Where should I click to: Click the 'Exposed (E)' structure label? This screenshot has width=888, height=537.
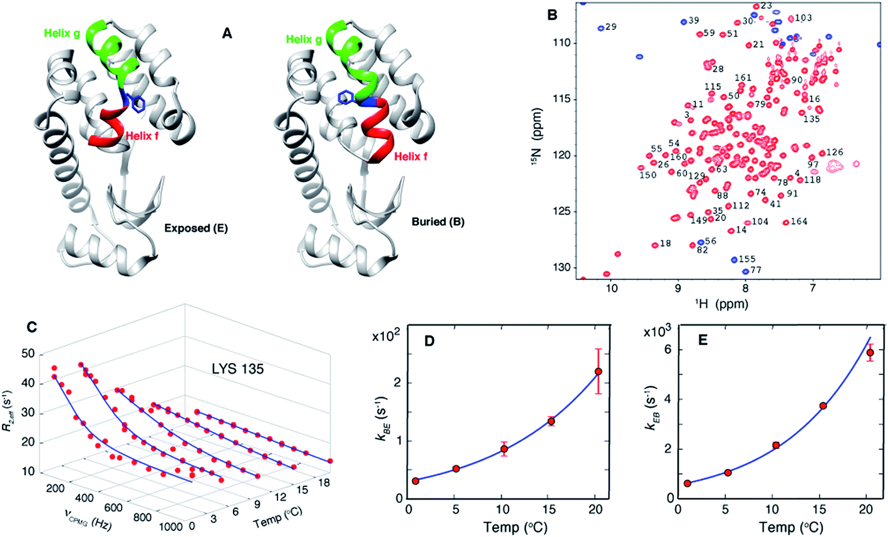pyautogui.click(x=196, y=228)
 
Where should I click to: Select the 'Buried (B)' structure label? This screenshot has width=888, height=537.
pyautogui.click(x=438, y=222)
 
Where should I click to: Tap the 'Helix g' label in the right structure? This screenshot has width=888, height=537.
pyautogui.click(x=306, y=39)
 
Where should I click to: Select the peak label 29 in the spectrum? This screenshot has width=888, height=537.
pyautogui.click(x=611, y=28)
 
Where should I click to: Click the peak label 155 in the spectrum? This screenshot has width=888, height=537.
pyautogui.click(x=747, y=259)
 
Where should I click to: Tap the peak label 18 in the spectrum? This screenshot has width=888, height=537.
pyautogui.click(x=665, y=243)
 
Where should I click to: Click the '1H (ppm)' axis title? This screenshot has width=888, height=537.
pyautogui.click(x=711, y=304)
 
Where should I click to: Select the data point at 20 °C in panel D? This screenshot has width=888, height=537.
pyautogui.click(x=598, y=372)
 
